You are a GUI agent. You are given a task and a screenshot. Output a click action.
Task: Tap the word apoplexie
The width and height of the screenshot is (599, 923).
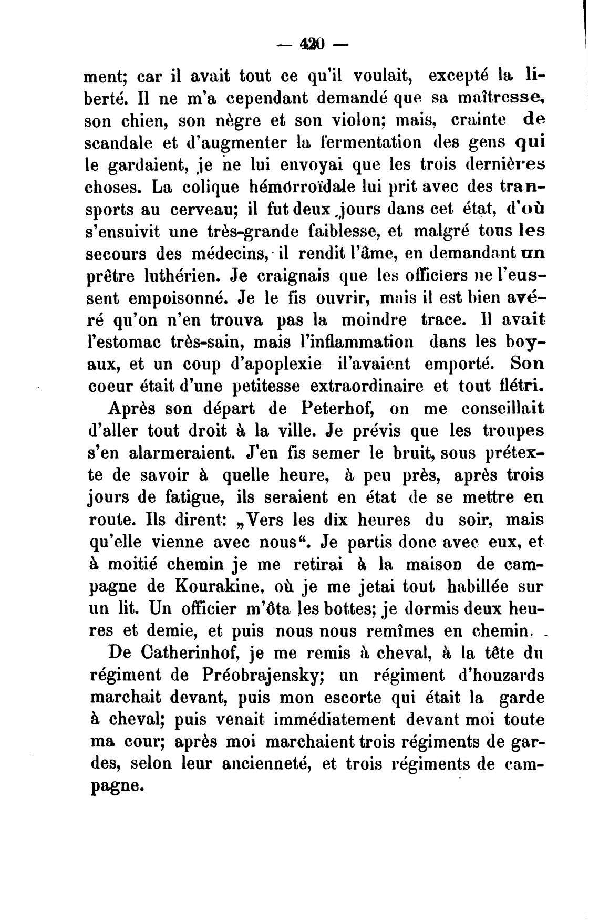point(273,364)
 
